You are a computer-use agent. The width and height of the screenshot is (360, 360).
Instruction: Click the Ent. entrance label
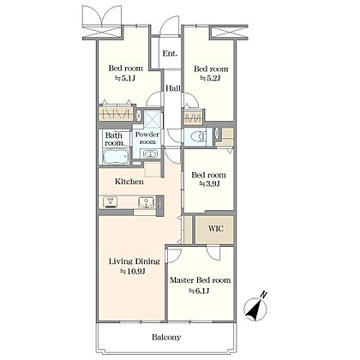pos(170,53)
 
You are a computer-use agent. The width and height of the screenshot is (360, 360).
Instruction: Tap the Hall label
pos(173,88)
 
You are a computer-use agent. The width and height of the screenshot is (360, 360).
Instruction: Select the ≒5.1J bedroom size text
pos(125,78)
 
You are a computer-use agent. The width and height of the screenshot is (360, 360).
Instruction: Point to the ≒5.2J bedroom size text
pos(210,78)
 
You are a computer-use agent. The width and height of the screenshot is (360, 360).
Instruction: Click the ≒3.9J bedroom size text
pos(209,184)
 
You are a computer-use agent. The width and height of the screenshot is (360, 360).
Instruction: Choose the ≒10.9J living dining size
pos(133,272)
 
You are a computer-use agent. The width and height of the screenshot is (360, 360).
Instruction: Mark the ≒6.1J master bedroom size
pos(199,291)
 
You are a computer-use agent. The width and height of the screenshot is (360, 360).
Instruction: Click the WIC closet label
pos(216,229)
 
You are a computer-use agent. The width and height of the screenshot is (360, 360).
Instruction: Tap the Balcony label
pos(166,338)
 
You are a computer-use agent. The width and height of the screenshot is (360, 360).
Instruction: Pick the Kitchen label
pos(129,182)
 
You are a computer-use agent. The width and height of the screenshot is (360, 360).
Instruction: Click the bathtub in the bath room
pos(116,157)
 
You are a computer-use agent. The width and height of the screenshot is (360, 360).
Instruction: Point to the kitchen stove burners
pos(111,201)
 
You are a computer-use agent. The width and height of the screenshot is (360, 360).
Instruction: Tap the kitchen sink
pos(147,202)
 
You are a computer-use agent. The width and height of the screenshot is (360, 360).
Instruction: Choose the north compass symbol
pos(255,309)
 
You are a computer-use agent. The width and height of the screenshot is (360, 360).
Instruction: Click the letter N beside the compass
pos(264,294)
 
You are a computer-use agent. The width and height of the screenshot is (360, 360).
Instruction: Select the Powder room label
pos(147,138)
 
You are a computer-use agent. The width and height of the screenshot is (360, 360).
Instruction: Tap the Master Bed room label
pos(201,280)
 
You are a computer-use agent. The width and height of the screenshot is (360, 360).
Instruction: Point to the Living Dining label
pos(135,261)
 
